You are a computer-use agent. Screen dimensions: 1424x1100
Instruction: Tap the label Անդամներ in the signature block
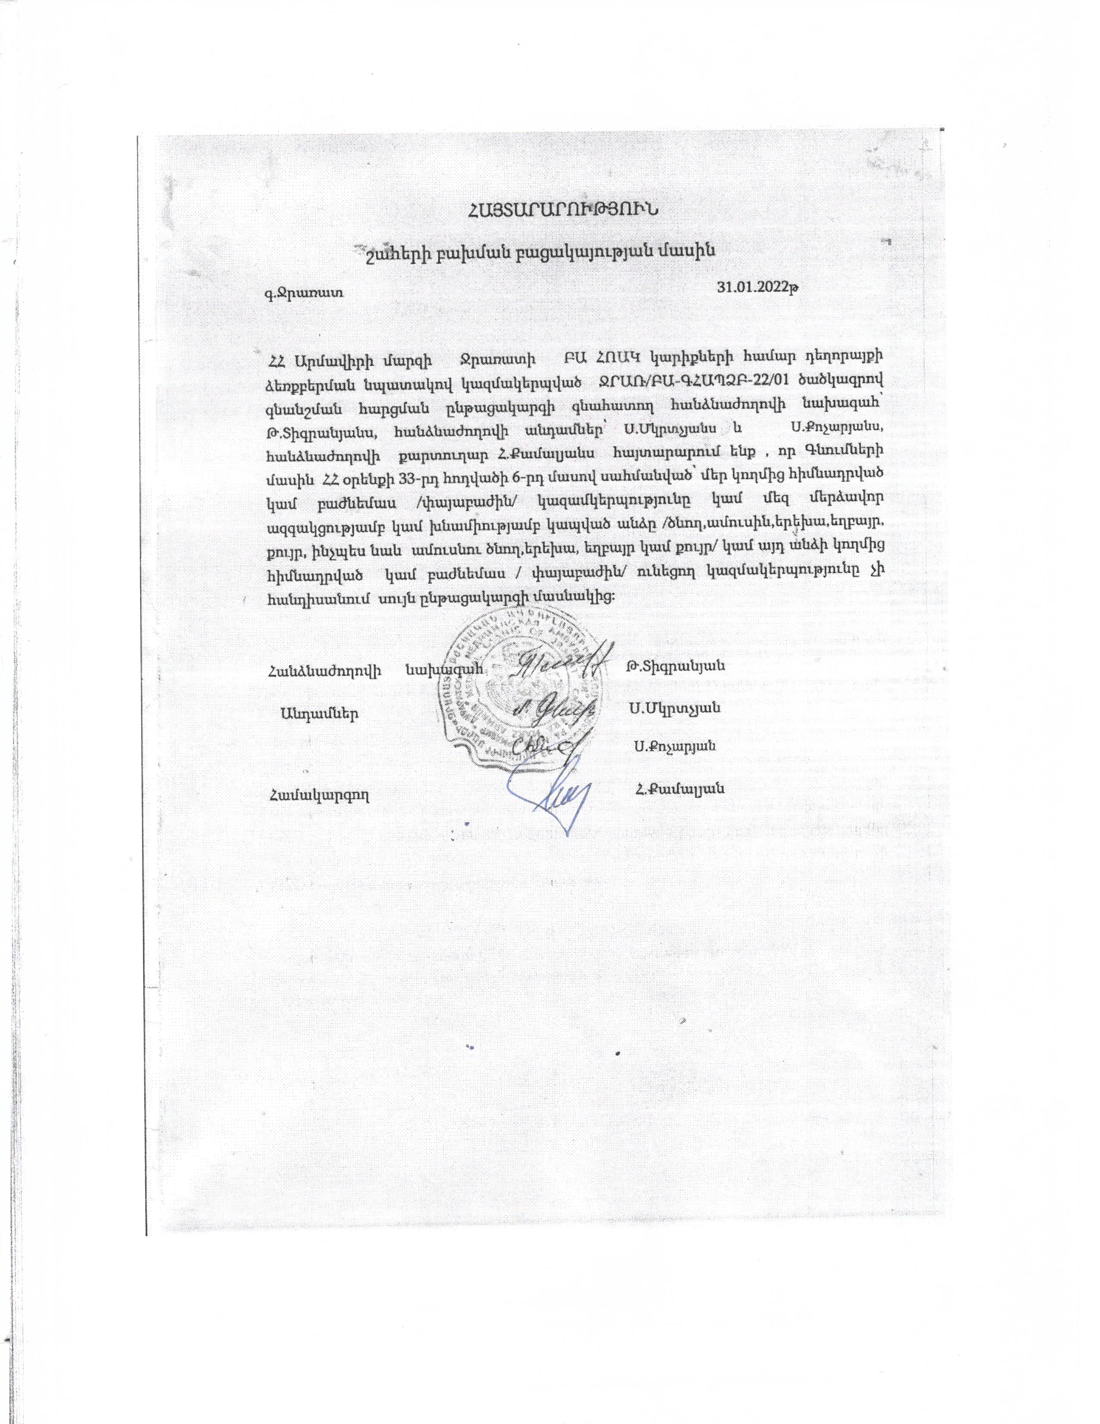click(x=319, y=712)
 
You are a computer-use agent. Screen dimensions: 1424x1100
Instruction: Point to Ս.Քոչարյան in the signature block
click(x=675, y=747)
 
